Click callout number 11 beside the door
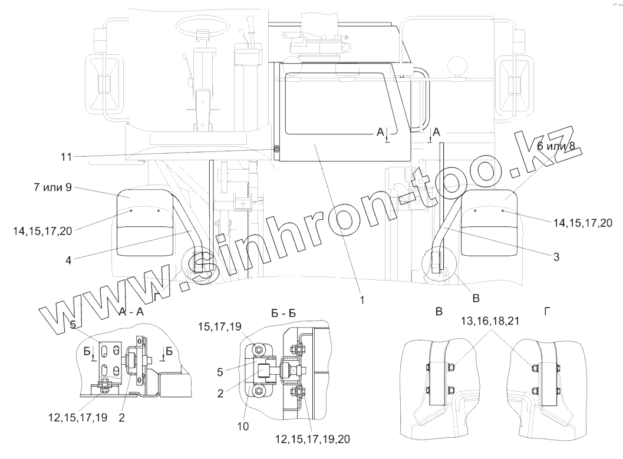(x=67, y=157)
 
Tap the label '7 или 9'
(x=53, y=187)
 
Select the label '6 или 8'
(x=556, y=146)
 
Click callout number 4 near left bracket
(x=68, y=260)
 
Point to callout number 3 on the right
(x=556, y=257)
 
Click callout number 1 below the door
(x=362, y=300)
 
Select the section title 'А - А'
(x=131, y=312)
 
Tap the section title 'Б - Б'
(x=284, y=313)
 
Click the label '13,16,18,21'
(x=490, y=321)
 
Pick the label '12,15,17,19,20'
(x=313, y=440)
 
